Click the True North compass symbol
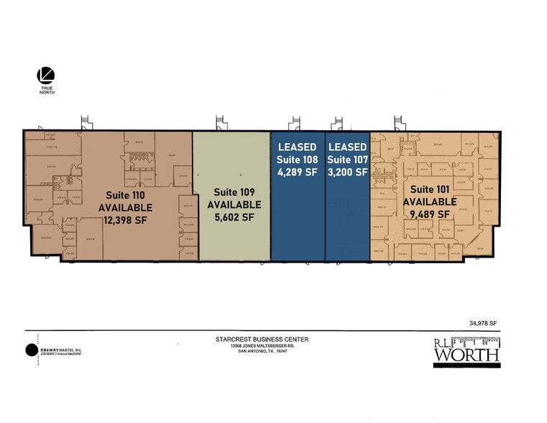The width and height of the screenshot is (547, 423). coord(45,75)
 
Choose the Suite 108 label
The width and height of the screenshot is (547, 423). coord(298,159)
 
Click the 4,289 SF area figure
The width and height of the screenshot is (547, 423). coord(298,172)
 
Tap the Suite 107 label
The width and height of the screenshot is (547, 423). coord(348,159)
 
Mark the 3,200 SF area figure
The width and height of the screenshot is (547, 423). coord(348,172)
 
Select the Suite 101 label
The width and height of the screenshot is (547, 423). coord(429,189)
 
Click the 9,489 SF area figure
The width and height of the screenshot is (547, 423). coord(429,214)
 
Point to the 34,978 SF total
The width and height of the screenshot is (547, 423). coord(483,324)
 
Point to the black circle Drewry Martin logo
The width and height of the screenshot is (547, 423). coord(32,350)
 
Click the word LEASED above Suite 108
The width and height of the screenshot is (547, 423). coord(298,147)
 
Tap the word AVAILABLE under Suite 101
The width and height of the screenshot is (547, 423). coord(429,201)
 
